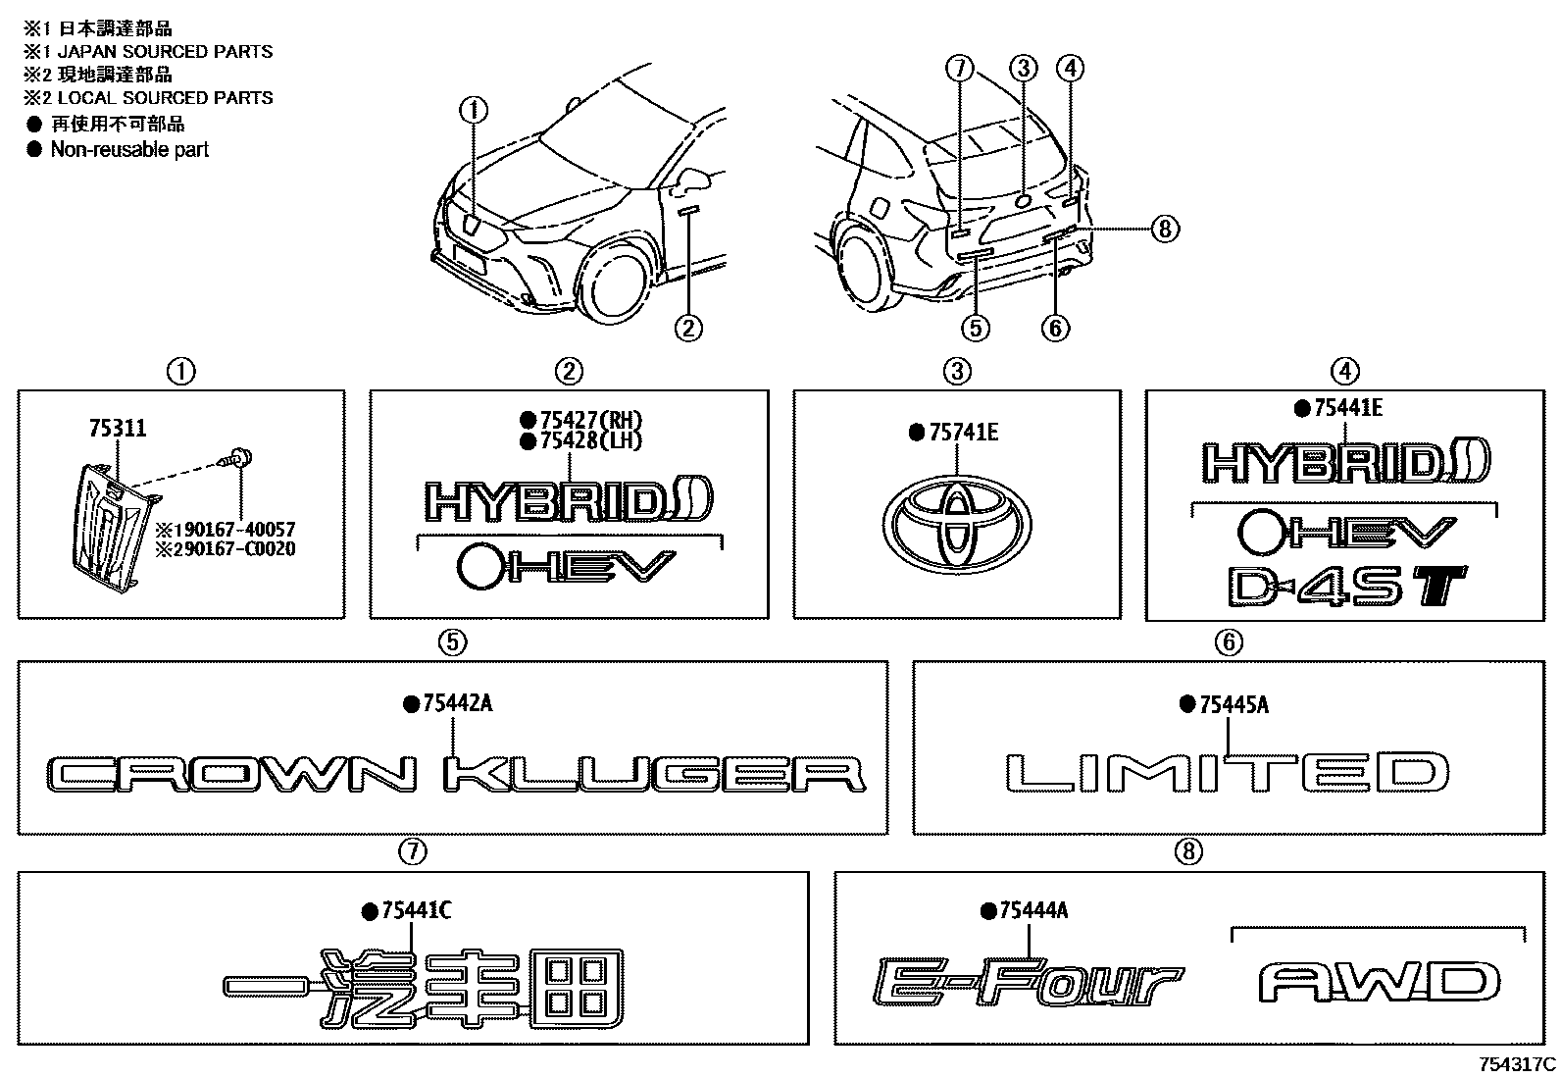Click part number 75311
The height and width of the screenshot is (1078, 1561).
(x=118, y=429)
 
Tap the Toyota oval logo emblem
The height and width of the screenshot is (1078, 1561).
(x=956, y=526)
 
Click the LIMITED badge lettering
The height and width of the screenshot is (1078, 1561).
(x=1229, y=772)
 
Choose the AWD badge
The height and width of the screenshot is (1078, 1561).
(x=1380, y=982)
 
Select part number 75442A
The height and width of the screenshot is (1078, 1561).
(x=458, y=704)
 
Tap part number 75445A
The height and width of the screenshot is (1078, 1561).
(x=1234, y=704)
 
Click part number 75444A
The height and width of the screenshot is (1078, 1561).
(x=1033, y=911)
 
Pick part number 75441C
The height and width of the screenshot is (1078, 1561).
(x=416, y=911)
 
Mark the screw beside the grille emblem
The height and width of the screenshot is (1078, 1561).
(x=236, y=458)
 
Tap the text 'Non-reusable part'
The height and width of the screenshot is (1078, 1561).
(x=129, y=149)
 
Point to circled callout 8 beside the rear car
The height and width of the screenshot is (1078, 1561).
(x=1163, y=229)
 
